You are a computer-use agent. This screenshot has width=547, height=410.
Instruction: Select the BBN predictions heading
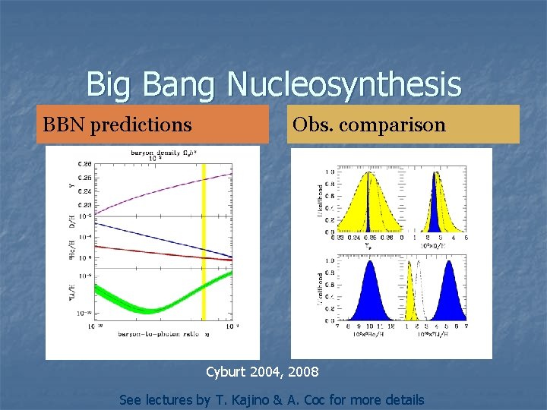click(117, 124)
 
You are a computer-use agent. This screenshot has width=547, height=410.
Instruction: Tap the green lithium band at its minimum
click(150, 309)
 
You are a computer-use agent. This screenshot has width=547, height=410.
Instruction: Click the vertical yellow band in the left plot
click(203, 251)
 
